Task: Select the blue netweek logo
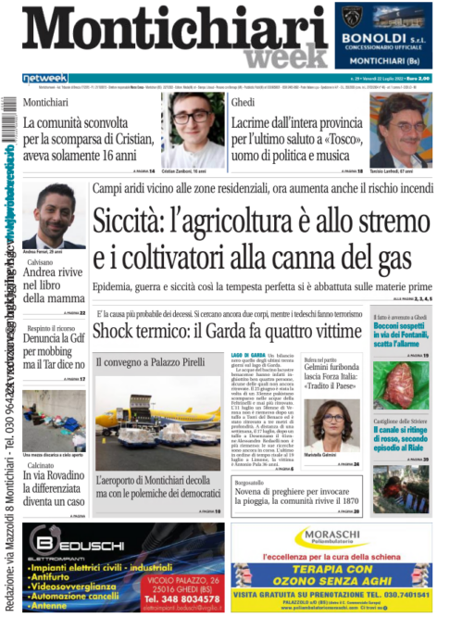(45, 78)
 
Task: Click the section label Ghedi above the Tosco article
(243, 101)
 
